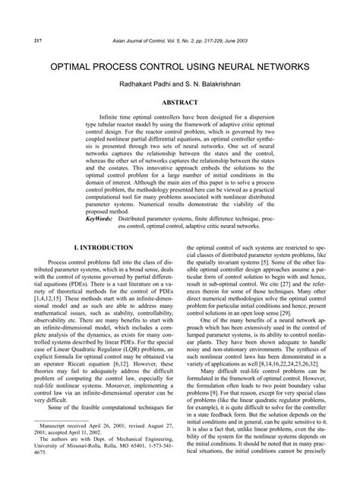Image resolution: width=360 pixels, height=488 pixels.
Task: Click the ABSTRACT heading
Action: (180, 102)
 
